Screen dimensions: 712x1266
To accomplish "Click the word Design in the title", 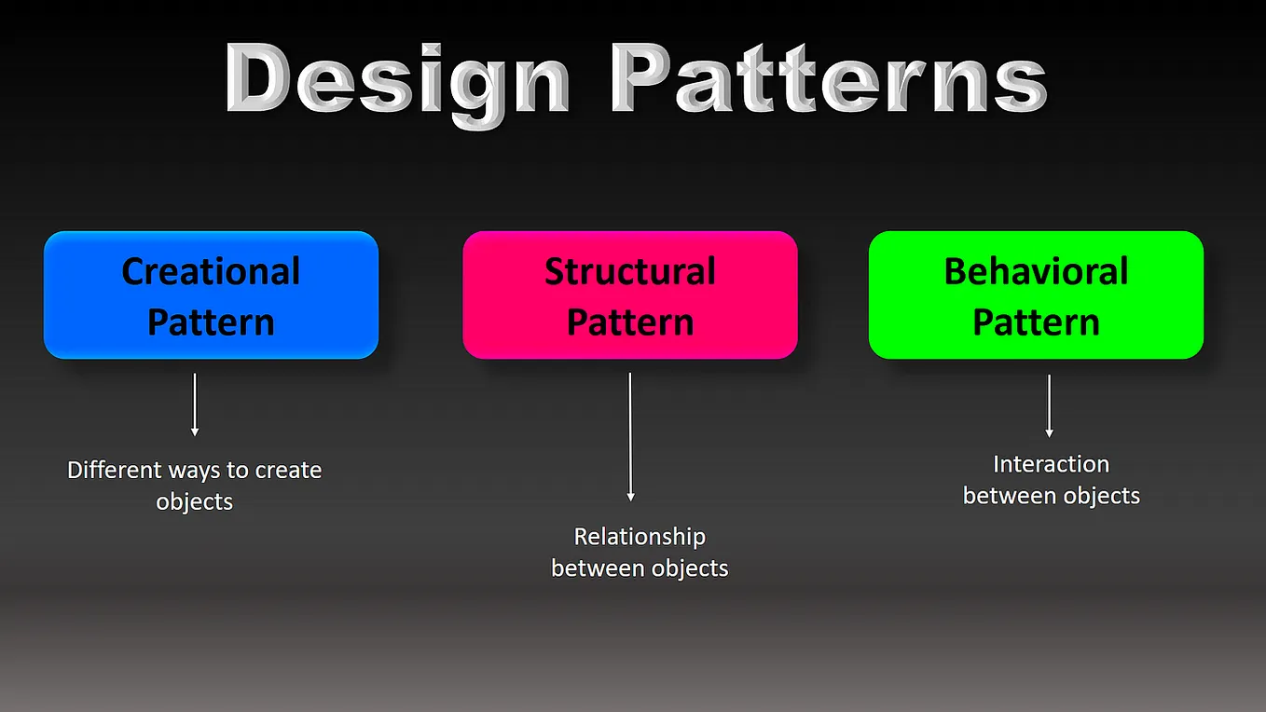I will (396, 79).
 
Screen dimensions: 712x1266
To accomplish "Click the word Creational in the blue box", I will (211, 272).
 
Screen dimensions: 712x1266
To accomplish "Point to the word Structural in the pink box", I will (630, 272).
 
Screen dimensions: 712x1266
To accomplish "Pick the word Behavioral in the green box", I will (1036, 272).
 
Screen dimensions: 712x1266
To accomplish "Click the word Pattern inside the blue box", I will (211, 322).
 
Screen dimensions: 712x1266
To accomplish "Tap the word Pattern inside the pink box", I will (630, 322).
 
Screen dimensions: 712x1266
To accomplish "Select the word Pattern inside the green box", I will (1036, 322).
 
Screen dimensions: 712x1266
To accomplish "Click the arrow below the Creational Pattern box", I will (195, 404).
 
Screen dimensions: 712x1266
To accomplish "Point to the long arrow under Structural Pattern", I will (630, 436).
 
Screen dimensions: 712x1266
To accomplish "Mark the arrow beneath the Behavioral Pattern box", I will (1049, 405).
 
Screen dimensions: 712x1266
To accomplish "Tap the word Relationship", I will (640, 537).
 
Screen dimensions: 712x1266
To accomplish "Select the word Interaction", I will (1051, 464).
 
